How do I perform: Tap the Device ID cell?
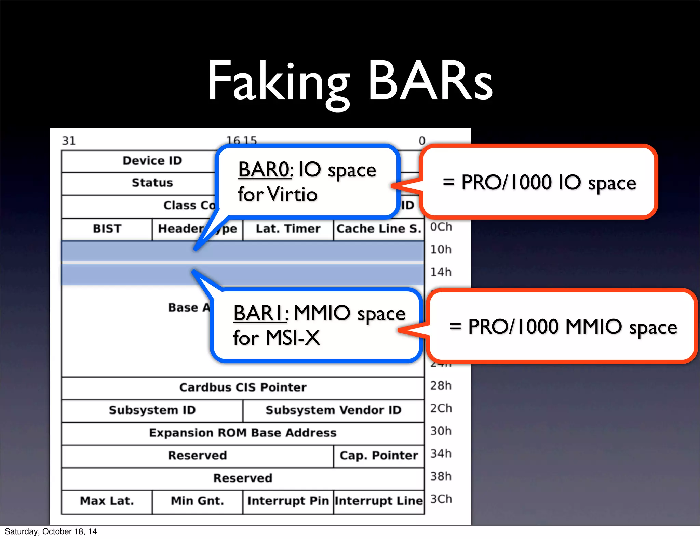click(152, 160)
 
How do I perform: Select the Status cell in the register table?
click(152, 183)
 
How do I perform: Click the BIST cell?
click(107, 228)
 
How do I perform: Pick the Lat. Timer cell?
click(288, 228)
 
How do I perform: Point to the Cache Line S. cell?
click(379, 228)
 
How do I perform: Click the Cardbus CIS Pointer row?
click(243, 387)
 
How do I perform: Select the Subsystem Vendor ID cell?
click(333, 410)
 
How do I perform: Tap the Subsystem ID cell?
click(152, 410)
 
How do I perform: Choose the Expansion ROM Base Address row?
click(243, 433)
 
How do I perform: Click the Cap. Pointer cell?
click(379, 456)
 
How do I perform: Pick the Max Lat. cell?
click(107, 501)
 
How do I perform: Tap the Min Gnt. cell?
click(198, 501)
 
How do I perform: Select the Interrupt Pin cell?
click(288, 501)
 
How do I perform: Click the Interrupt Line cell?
click(379, 501)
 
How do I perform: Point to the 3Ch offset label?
click(441, 499)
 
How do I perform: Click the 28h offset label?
click(441, 386)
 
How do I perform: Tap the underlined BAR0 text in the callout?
click(265, 170)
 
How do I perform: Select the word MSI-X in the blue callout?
click(293, 338)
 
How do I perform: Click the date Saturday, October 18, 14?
click(51, 531)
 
